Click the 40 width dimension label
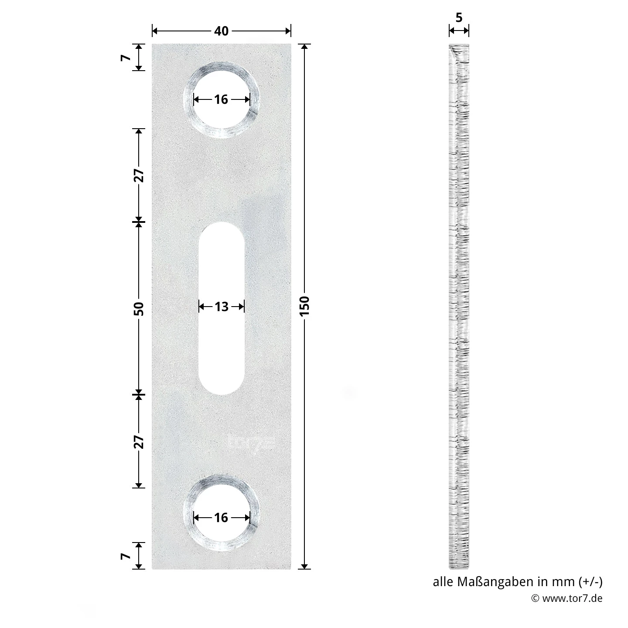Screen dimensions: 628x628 221,31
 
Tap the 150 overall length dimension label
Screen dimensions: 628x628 304,306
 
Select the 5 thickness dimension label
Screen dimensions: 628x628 459,17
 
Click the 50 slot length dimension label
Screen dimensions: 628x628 139,309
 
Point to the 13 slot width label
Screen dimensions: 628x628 221,307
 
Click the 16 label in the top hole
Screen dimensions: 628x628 221,99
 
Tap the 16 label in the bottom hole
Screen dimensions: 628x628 221,518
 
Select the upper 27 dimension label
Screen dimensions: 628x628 139,175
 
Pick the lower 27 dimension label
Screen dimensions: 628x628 139,442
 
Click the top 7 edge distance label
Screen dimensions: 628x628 125,58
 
